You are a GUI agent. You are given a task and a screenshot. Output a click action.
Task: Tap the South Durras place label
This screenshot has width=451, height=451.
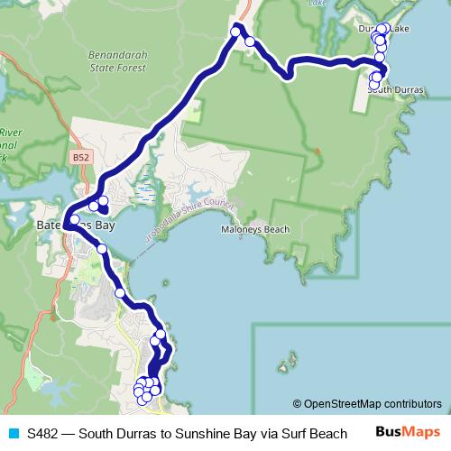pos(395,89)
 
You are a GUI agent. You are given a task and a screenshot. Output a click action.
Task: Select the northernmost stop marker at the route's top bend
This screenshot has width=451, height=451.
pos(236,32)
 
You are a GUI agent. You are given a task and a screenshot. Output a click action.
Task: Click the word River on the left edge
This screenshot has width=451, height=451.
pos(10,131)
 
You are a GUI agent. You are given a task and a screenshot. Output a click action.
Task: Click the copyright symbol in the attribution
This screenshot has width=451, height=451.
pos(297,403)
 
